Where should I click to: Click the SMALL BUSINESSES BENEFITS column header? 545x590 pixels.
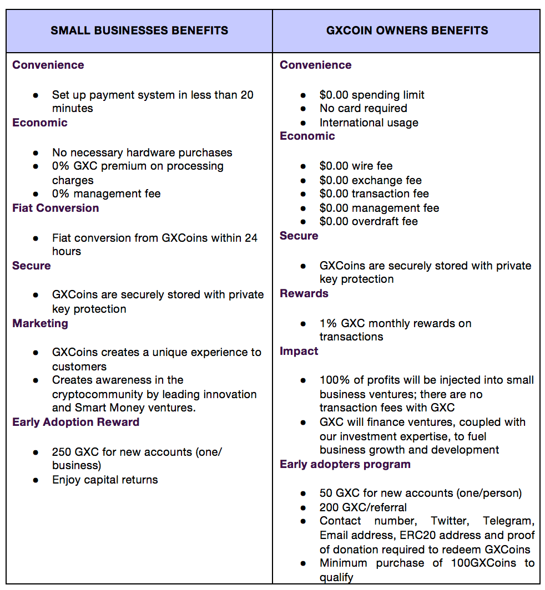click(x=139, y=30)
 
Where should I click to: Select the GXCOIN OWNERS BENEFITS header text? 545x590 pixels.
click(x=407, y=30)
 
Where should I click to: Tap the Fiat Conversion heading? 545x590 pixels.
click(x=55, y=208)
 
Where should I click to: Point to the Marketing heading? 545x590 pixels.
click(x=40, y=323)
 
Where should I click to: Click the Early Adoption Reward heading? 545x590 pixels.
click(x=75, y=422)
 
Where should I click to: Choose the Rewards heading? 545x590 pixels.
click(x=304, y=293)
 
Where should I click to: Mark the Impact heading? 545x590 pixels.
click(x=299, y=351)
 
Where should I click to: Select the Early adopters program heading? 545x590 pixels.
click(x=345, y=464)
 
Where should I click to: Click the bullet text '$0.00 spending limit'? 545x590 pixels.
click(x=372, y=95)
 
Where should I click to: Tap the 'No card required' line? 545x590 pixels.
click(x=363, y=108)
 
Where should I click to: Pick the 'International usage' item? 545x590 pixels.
click(x=369, y=123)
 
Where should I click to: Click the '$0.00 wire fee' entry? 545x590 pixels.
click(x=356, y=166)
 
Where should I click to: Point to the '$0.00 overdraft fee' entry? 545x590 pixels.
click(x=369, y=221)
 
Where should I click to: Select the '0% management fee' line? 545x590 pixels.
click(x=106, y=194)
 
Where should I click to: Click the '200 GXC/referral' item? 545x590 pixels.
click(x=362, y=507)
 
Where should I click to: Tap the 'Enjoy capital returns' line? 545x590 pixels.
click(x=105, y=480)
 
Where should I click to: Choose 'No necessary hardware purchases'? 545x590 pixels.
click(x=142, y=152)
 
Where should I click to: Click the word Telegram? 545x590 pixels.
click(x=508, y=521)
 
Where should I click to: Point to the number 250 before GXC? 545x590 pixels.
click(x=62, y=452)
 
